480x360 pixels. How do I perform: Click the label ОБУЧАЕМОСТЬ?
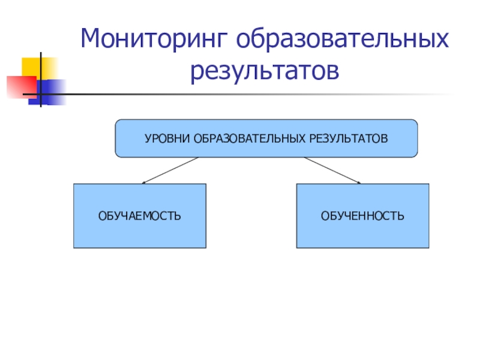(140, 215)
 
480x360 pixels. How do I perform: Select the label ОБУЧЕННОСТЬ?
(362, 215)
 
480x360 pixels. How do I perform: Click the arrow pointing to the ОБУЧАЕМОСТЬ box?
(171, 170)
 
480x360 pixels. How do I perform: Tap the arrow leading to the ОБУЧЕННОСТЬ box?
(331, 170)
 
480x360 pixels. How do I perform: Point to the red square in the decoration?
(18, 86)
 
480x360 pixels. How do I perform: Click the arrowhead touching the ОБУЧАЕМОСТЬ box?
(144, 182)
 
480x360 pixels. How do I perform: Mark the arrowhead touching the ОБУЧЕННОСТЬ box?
(358, 182)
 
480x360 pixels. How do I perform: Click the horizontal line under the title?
(240, 95)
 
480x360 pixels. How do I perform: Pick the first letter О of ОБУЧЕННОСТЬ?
(325, 215)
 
